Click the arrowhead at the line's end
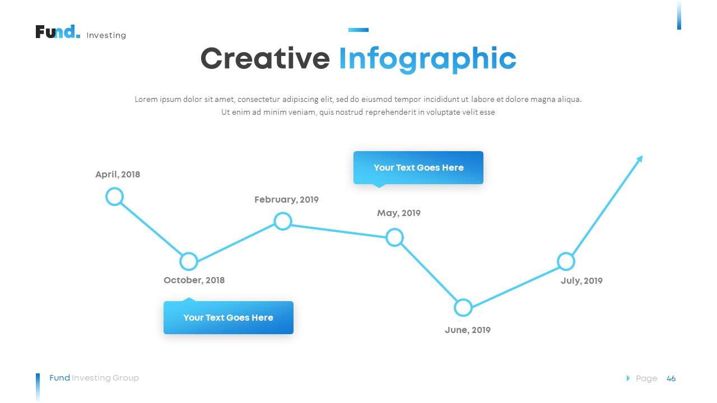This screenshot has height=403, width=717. [x=640, y=158]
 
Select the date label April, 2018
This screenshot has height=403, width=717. [x=118, y=175]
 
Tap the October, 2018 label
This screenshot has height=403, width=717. [x=194, y=280]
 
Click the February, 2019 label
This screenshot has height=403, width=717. [x=286, y=200]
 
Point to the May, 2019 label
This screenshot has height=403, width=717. [x=398, y=213]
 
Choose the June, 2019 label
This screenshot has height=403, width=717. [x=467, y=330]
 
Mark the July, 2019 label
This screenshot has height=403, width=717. [x=581, y=281]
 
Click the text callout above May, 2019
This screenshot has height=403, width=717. [x=418, y=168]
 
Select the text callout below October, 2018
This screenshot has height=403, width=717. [x=228, y=317]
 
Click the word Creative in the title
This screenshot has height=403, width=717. [x=265, y=59]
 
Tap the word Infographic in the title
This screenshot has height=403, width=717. [x=427, y=60]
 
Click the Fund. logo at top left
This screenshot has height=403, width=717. [x=58, y=32]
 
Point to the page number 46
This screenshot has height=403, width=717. [x=671, y=379]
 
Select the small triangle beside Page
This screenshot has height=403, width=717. [x=628, y=378]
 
